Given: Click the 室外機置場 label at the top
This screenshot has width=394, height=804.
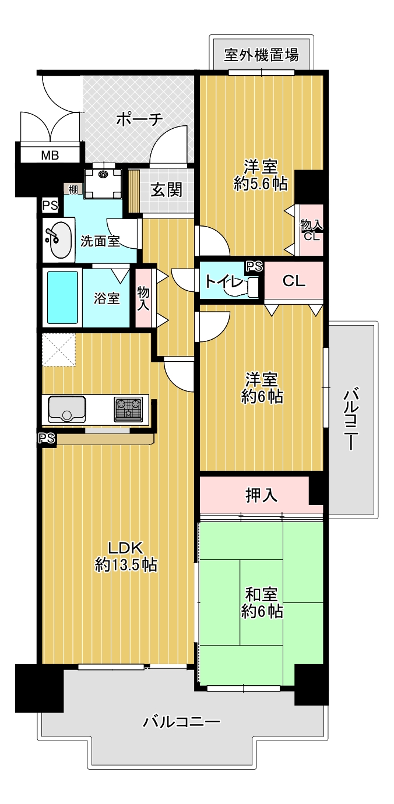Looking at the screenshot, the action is [261, 55].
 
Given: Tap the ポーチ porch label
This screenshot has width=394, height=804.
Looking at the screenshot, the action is [139, 119].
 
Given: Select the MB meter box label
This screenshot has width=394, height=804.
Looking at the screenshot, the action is [50, 156].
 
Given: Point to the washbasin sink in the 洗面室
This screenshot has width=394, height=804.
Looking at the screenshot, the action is [59, 240].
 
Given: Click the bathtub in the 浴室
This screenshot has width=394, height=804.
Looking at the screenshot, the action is [62, 297].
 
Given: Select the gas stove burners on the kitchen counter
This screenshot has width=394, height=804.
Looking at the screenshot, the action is [128, 409].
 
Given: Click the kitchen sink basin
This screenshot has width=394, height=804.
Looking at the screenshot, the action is [67, 409].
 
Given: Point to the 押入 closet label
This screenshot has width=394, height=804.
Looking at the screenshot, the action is [261, 495].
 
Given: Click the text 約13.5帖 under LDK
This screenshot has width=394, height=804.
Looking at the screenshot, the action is [126, 565].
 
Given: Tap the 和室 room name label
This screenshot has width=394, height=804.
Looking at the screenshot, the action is [261, 594].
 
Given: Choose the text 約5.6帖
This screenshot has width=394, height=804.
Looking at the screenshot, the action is [261, 184].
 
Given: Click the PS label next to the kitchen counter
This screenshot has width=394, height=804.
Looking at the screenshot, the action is [47, 438].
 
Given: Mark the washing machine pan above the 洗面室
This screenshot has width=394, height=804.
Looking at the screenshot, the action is [103, 184].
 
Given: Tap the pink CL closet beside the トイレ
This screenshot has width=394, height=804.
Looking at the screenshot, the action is [294, 280].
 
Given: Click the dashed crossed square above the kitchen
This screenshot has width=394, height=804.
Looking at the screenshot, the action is [58, 350].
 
